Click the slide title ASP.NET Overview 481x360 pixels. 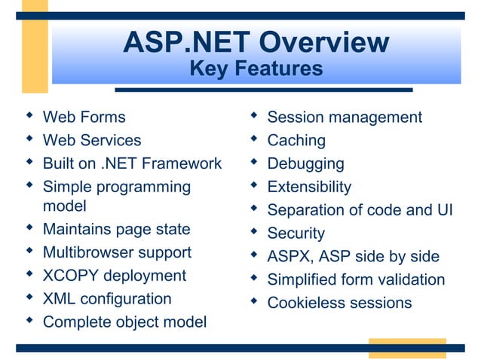pyautogui.click(x=256, y=42)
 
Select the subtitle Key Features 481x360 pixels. pyautogui.click(x=256, y=69)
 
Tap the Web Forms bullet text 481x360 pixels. pyautogui.click(x=84, y=117)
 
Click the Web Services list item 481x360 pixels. pyautogui.click(x=92, y=140)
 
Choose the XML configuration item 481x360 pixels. pyautogui.click(x=107, y=299)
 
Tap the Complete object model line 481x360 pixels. pyautogui.click(x=124, y=322)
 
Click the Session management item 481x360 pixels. pyautogui.click(x=345, y=117)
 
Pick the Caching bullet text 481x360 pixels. pyautogui.click(x=296, y=140)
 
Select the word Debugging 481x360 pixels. pyautogui.click(x=305, y=163)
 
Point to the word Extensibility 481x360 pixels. pyautogui.click(x=309, y=187)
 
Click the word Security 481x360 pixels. pyautogui.click(x=296, y=233)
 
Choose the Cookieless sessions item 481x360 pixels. pyautogui.click(x=339, y=304)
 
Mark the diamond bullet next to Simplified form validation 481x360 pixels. pyautogui.click(x=254, y=278)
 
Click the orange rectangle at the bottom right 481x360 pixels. pyautogui.click(x=406, y=348)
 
